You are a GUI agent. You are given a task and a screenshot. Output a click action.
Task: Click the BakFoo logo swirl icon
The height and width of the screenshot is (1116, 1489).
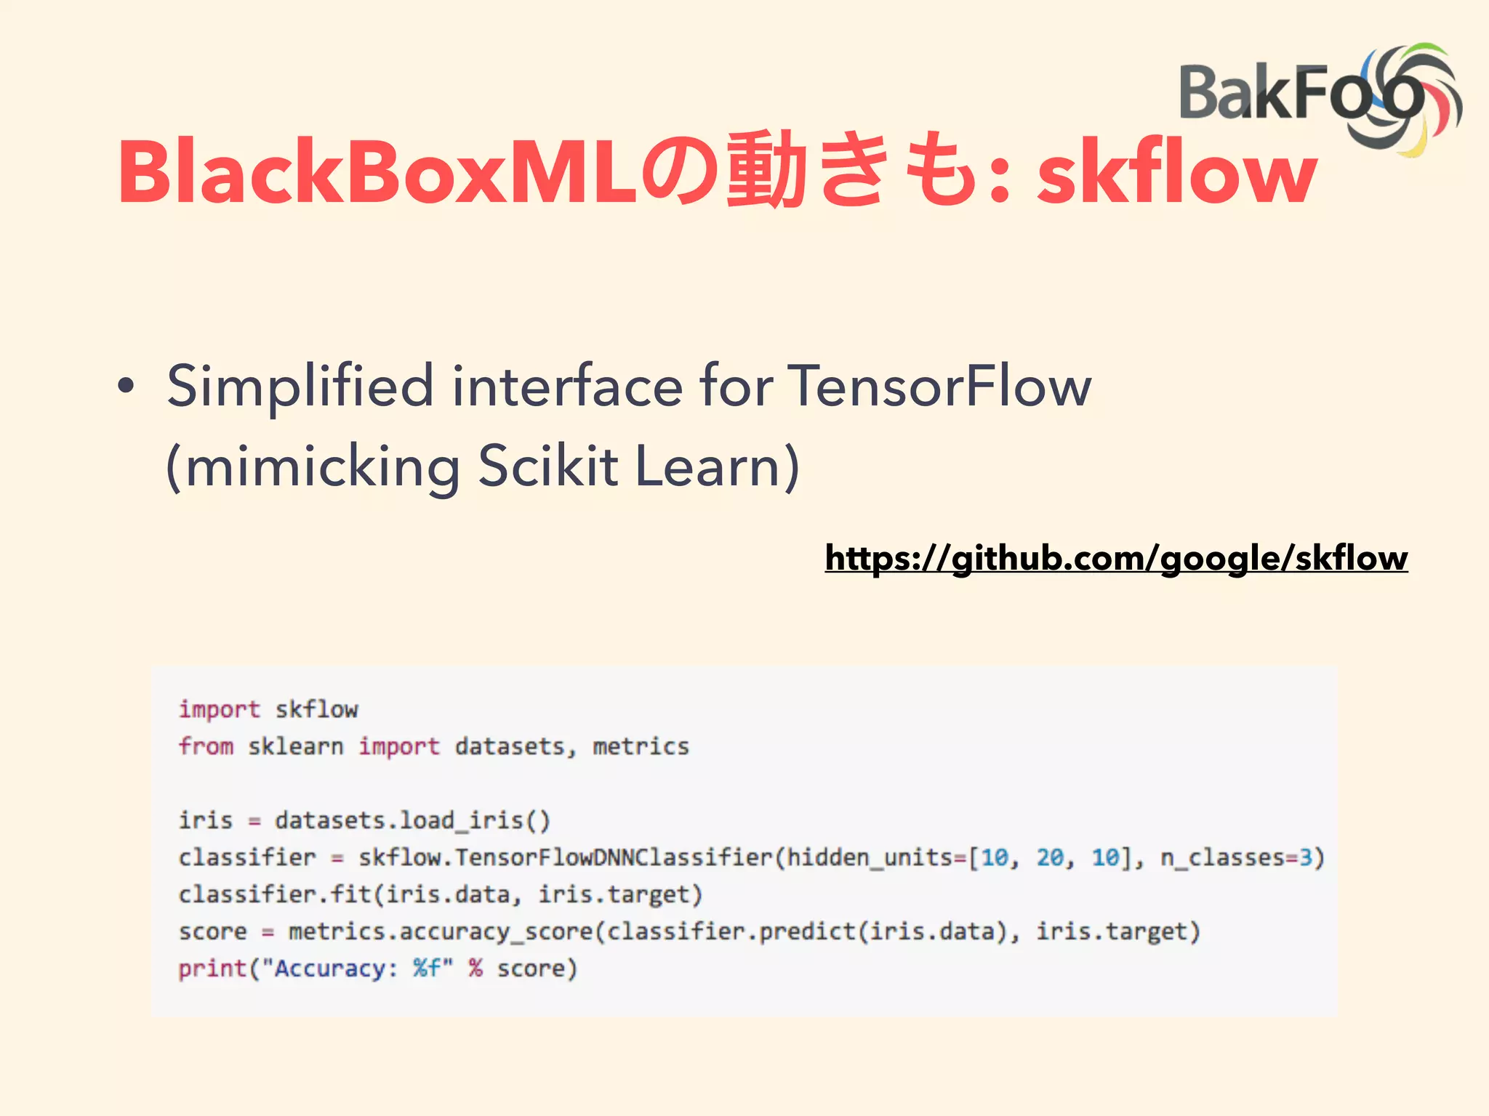[1407, 98]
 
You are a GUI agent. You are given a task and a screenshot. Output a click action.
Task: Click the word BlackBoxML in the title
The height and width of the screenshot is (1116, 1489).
[377, 172]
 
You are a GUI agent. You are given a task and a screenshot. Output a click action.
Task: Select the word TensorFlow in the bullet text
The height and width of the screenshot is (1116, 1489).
[939, 386]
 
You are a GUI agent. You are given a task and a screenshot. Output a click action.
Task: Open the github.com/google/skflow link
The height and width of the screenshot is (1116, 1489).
[1116, 558]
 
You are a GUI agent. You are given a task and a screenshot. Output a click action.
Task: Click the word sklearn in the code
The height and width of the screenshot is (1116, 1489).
[295, 746]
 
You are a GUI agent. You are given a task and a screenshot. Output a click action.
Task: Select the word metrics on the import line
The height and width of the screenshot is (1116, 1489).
[641, 746]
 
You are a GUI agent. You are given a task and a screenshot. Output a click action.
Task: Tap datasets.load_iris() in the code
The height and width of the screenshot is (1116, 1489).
[412, 820]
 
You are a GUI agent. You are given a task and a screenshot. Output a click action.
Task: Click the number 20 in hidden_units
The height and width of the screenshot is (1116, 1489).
[1050, 857]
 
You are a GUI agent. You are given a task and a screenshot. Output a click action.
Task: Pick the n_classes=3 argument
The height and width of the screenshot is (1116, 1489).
[1242, 857]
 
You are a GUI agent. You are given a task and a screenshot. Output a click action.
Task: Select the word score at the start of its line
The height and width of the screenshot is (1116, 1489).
[212, 931]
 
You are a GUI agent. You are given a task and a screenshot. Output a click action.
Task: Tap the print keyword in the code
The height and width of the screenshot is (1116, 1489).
[212, 969]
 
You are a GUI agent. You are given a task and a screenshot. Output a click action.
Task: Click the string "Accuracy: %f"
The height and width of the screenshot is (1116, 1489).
[357, 969]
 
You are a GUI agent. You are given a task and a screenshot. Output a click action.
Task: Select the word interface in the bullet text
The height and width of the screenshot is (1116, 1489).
[567, 386]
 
